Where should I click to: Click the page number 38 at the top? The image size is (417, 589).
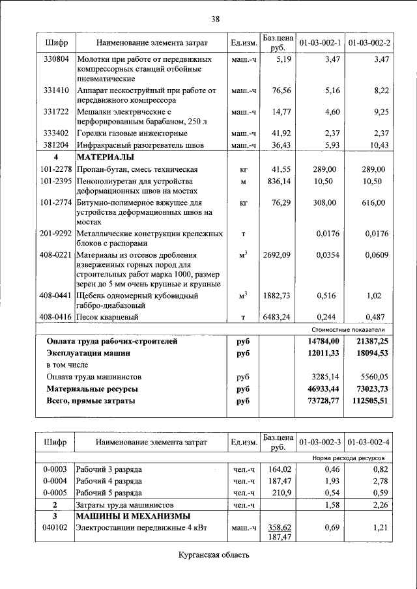pyautogui.click(x=215, y=19)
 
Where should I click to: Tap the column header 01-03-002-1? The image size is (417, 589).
pyautogui.click(x=320, y=42)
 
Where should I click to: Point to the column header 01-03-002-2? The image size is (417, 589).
pyautogui.click(x=369, y=42)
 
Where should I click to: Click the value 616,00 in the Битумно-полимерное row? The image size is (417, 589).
pyautogui.click(x=373, y=203)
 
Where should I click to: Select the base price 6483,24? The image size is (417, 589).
pyautogui.click(x=276, y=317)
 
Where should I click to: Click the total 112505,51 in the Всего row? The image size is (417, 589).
pyautogui.click(x=366, y=401)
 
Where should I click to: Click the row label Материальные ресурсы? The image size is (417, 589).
pyautogui.click(x=91, y=389)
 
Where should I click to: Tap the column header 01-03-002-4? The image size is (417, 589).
pyautogui.click(x=369, y=443)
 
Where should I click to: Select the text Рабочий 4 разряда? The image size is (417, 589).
pyautogui.click(x=109, y=480)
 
